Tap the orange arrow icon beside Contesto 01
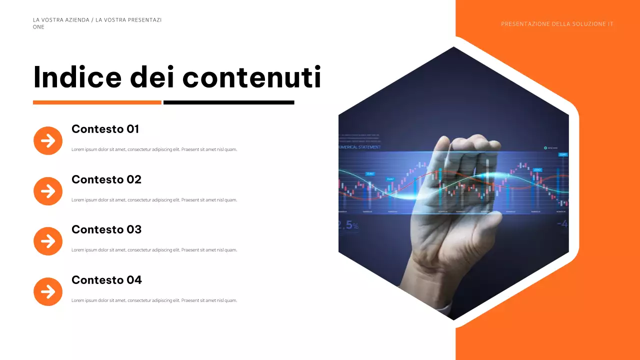coord(48,140)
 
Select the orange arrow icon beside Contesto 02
coord(48,191)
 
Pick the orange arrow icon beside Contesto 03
coord(48,241)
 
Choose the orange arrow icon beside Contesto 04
coord(48,291)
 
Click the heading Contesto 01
coord(105,129)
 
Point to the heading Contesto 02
coord(106,179)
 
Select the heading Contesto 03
coord(106,229)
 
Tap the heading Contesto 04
coord(106,280)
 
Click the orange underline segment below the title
coord(97,102)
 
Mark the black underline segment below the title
coord(228,102)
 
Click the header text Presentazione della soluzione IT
coord(557,24)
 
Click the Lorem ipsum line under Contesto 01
coord(154,149)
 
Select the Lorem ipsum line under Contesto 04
coord(154,300)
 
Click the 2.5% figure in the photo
coord(348,225)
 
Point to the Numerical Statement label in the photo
coord(360,147)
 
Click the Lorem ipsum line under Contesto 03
coord(154,250)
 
